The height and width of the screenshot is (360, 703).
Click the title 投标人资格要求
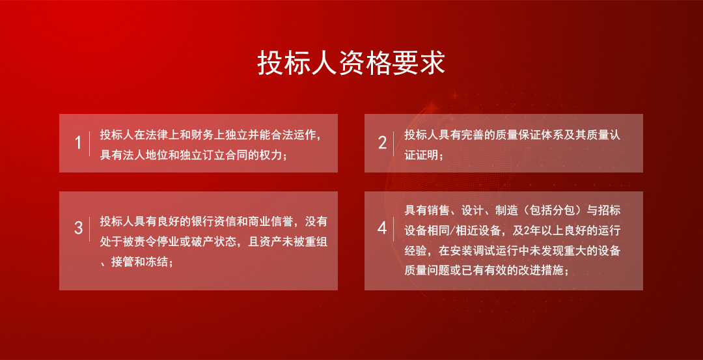click(x=351, y=63)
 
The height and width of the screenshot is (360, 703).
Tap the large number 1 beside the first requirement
click(x=79, y=143)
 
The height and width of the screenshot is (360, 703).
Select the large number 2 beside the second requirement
click(x=383, y=143)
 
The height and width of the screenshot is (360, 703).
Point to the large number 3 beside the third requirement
click(x=79, y=228)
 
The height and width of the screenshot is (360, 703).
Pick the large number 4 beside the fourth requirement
click(x=383, y=228)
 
